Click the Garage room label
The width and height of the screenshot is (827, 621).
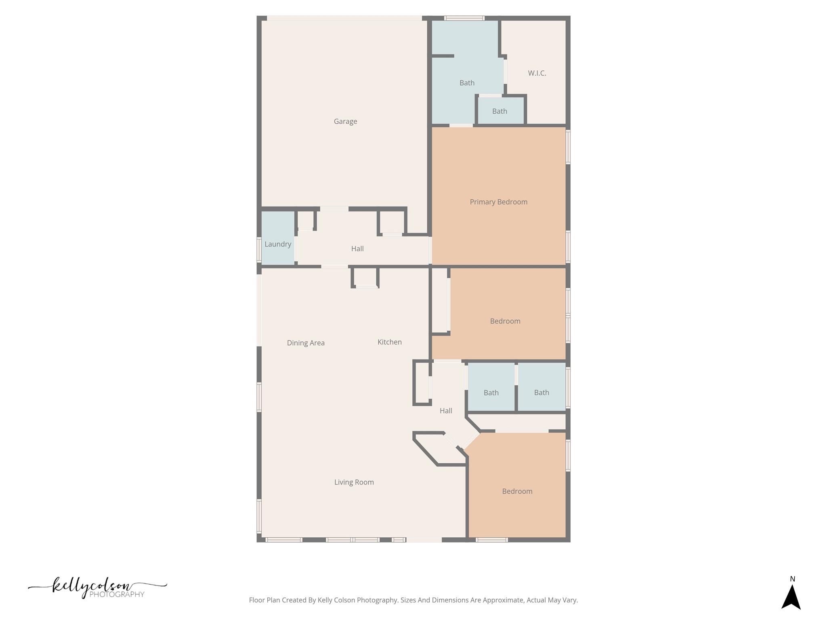click(345, 121)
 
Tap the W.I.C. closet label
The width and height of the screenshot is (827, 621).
click(537, 73)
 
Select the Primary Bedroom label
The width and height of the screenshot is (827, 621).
click(498, 202)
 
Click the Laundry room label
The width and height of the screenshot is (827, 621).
click(278, 244)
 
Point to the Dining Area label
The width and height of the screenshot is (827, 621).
click(306, 343)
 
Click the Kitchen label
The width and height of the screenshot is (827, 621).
click(389, 342)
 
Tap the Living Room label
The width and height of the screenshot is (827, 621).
click(354, 482)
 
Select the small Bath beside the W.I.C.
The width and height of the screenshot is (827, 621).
click(500, 111)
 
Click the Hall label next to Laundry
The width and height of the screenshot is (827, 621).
click(357, 249)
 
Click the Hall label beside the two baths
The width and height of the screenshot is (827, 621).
click(445, 411)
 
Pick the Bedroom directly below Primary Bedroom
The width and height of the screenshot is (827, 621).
click(505, 321)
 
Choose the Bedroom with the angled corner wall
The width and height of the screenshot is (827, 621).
click(517, 491)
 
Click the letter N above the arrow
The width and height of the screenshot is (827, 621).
click(792, 579)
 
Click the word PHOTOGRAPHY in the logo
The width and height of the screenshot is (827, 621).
click(117, 594)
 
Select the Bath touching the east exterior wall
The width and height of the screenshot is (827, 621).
click(541, 392)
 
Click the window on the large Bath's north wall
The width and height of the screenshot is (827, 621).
click(464, 18)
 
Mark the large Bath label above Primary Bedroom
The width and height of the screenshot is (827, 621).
click(467, 83)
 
